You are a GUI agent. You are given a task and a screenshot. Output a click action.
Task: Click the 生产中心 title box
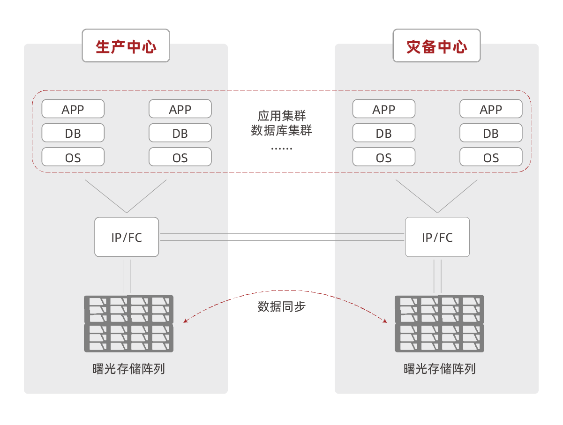tap(126, 46)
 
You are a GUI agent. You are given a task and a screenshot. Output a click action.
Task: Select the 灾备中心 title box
tap(436, 46)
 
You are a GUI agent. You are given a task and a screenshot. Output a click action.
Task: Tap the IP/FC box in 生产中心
tap(127, 237)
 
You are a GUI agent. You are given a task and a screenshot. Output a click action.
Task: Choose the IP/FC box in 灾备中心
tap(437, 237)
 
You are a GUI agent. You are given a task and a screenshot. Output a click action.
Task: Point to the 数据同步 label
tap(281, 307)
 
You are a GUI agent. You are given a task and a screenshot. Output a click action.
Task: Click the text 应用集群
tap(281, 116)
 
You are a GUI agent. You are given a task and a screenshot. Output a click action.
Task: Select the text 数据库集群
tap(281, 131)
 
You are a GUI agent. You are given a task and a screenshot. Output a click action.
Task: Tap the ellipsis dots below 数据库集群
tap(281, 148)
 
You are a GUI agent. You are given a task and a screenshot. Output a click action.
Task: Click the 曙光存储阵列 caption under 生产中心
tap(128, 369)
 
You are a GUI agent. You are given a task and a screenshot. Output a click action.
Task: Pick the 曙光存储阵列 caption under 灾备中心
tap(439, 369)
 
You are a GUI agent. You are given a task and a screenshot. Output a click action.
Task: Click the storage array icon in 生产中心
tap(128, 323)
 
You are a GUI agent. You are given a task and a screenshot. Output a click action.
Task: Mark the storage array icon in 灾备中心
tap(439, 323)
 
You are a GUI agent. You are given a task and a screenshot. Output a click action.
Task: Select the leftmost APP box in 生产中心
tap(73, 109)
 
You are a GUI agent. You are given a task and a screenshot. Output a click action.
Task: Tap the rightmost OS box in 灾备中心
tap(491, 157)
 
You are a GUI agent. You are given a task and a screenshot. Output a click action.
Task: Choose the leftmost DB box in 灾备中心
tap(383, 133)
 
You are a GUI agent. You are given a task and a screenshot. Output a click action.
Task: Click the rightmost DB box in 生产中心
tap(180, 133)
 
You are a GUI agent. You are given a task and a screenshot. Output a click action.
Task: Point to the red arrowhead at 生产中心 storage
tap(186, 321)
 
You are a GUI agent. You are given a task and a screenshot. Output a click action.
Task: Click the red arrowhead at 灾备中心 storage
tap(385, 321)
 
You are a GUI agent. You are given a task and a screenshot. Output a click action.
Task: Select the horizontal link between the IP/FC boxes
tap(281, 237)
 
